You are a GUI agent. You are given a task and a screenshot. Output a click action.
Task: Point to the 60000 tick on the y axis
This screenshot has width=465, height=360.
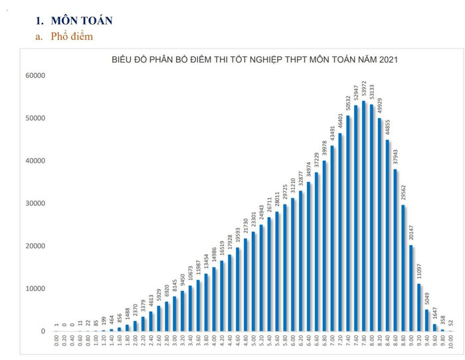[x=33, y=76]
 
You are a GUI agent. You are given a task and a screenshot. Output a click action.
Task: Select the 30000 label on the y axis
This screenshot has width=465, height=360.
[x=33, y=203]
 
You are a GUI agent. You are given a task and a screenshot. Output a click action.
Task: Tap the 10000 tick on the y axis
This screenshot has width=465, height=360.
[x=33, y=288]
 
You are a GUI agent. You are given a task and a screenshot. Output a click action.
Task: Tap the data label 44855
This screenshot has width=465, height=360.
[x=387, y=125]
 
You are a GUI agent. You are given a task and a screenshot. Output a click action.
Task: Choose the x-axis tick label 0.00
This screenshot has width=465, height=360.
[x=57, y=342]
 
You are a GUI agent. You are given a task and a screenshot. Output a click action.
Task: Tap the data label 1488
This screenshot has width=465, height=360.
[x=128, y=314]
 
